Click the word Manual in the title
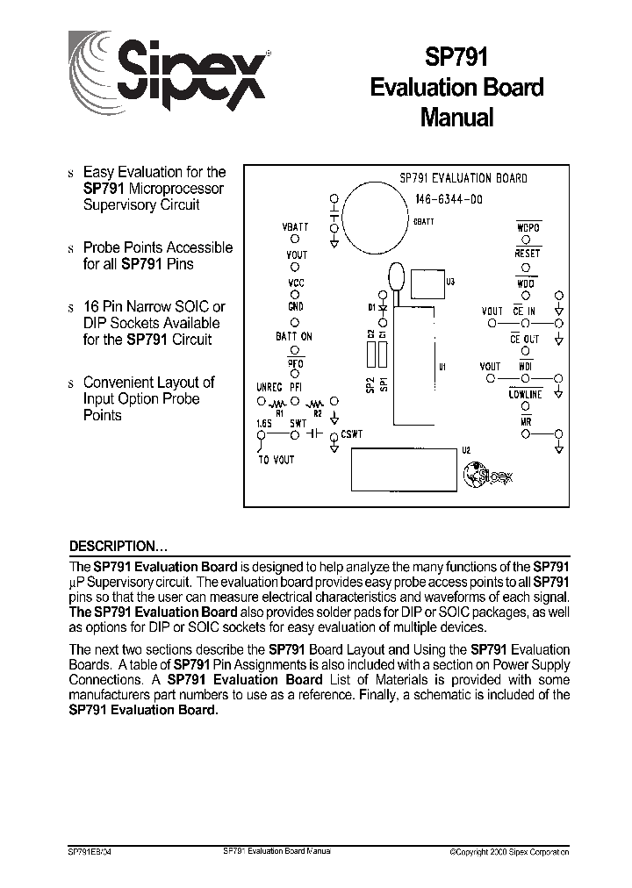456,117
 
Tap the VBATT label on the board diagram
295,226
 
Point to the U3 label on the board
450,283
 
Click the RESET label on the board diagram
528,254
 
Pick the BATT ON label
294,336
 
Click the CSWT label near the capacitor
352,433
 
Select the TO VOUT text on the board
276,460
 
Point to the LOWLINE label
525,395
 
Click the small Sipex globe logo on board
485,475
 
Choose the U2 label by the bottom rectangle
466,450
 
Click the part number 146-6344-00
448,199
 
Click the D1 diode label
372,307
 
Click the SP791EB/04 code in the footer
90,852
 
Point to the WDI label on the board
525,367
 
